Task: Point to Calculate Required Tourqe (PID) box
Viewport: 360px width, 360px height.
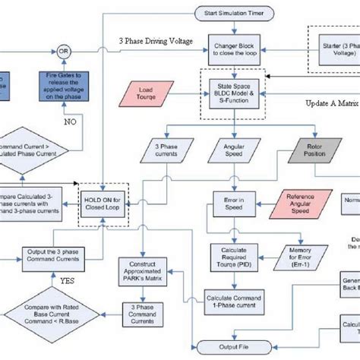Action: (x=232, y=255)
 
